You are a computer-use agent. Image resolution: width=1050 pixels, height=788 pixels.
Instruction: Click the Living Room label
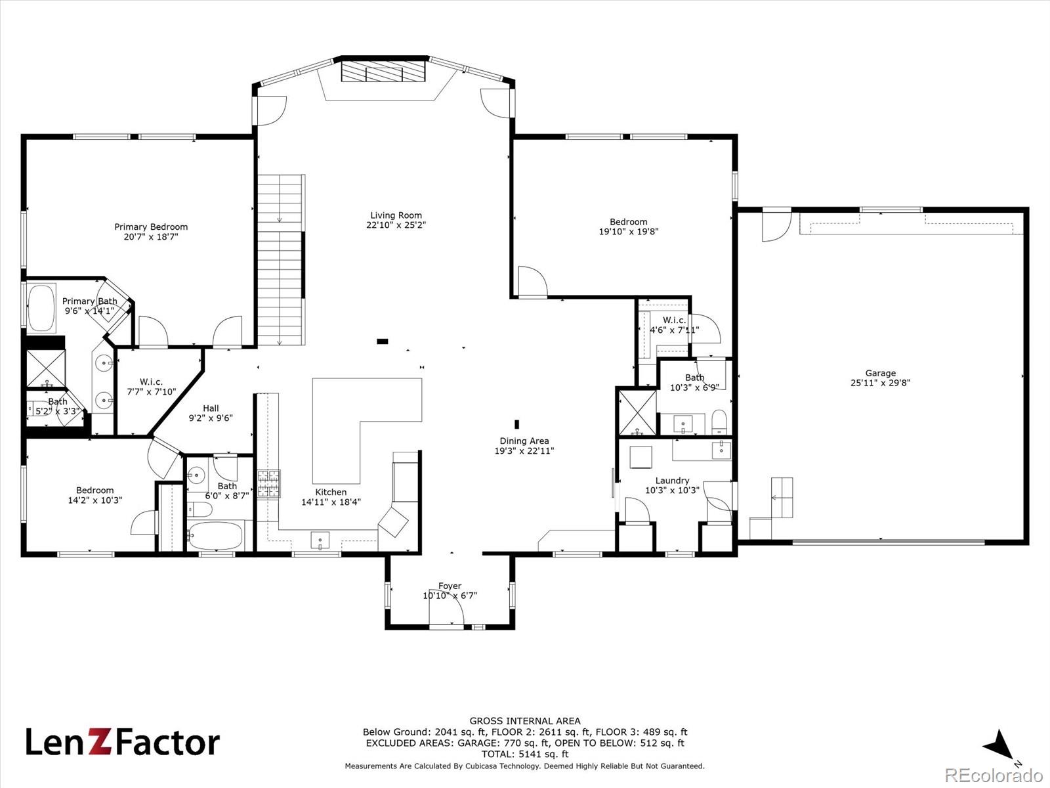396,215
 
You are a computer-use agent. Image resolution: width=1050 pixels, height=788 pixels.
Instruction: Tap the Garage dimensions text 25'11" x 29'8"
880,383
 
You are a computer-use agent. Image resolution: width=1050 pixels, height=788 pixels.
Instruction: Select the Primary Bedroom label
151,227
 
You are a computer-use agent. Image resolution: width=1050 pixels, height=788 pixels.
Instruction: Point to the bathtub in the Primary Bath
41,308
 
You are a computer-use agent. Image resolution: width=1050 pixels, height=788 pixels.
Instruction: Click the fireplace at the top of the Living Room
384,72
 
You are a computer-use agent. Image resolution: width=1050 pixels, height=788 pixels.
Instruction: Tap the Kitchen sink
320,540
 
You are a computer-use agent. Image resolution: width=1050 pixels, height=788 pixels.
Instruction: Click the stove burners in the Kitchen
269,484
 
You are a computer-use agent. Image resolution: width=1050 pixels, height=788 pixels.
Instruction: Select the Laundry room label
672,481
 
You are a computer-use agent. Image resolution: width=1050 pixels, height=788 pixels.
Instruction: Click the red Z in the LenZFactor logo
103,742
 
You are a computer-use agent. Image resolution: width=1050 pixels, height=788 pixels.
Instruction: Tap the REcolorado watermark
994,775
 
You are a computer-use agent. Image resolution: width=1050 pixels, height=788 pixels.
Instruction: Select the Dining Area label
524,441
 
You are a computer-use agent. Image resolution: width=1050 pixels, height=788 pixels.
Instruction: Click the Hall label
211,408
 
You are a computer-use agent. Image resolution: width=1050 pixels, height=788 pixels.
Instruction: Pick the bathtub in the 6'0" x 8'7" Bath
215,535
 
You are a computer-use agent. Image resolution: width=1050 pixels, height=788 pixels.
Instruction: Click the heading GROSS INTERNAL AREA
525,721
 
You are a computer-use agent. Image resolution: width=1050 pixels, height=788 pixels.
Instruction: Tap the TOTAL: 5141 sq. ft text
525,755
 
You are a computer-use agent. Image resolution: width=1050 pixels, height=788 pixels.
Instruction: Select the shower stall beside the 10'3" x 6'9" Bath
637,412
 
